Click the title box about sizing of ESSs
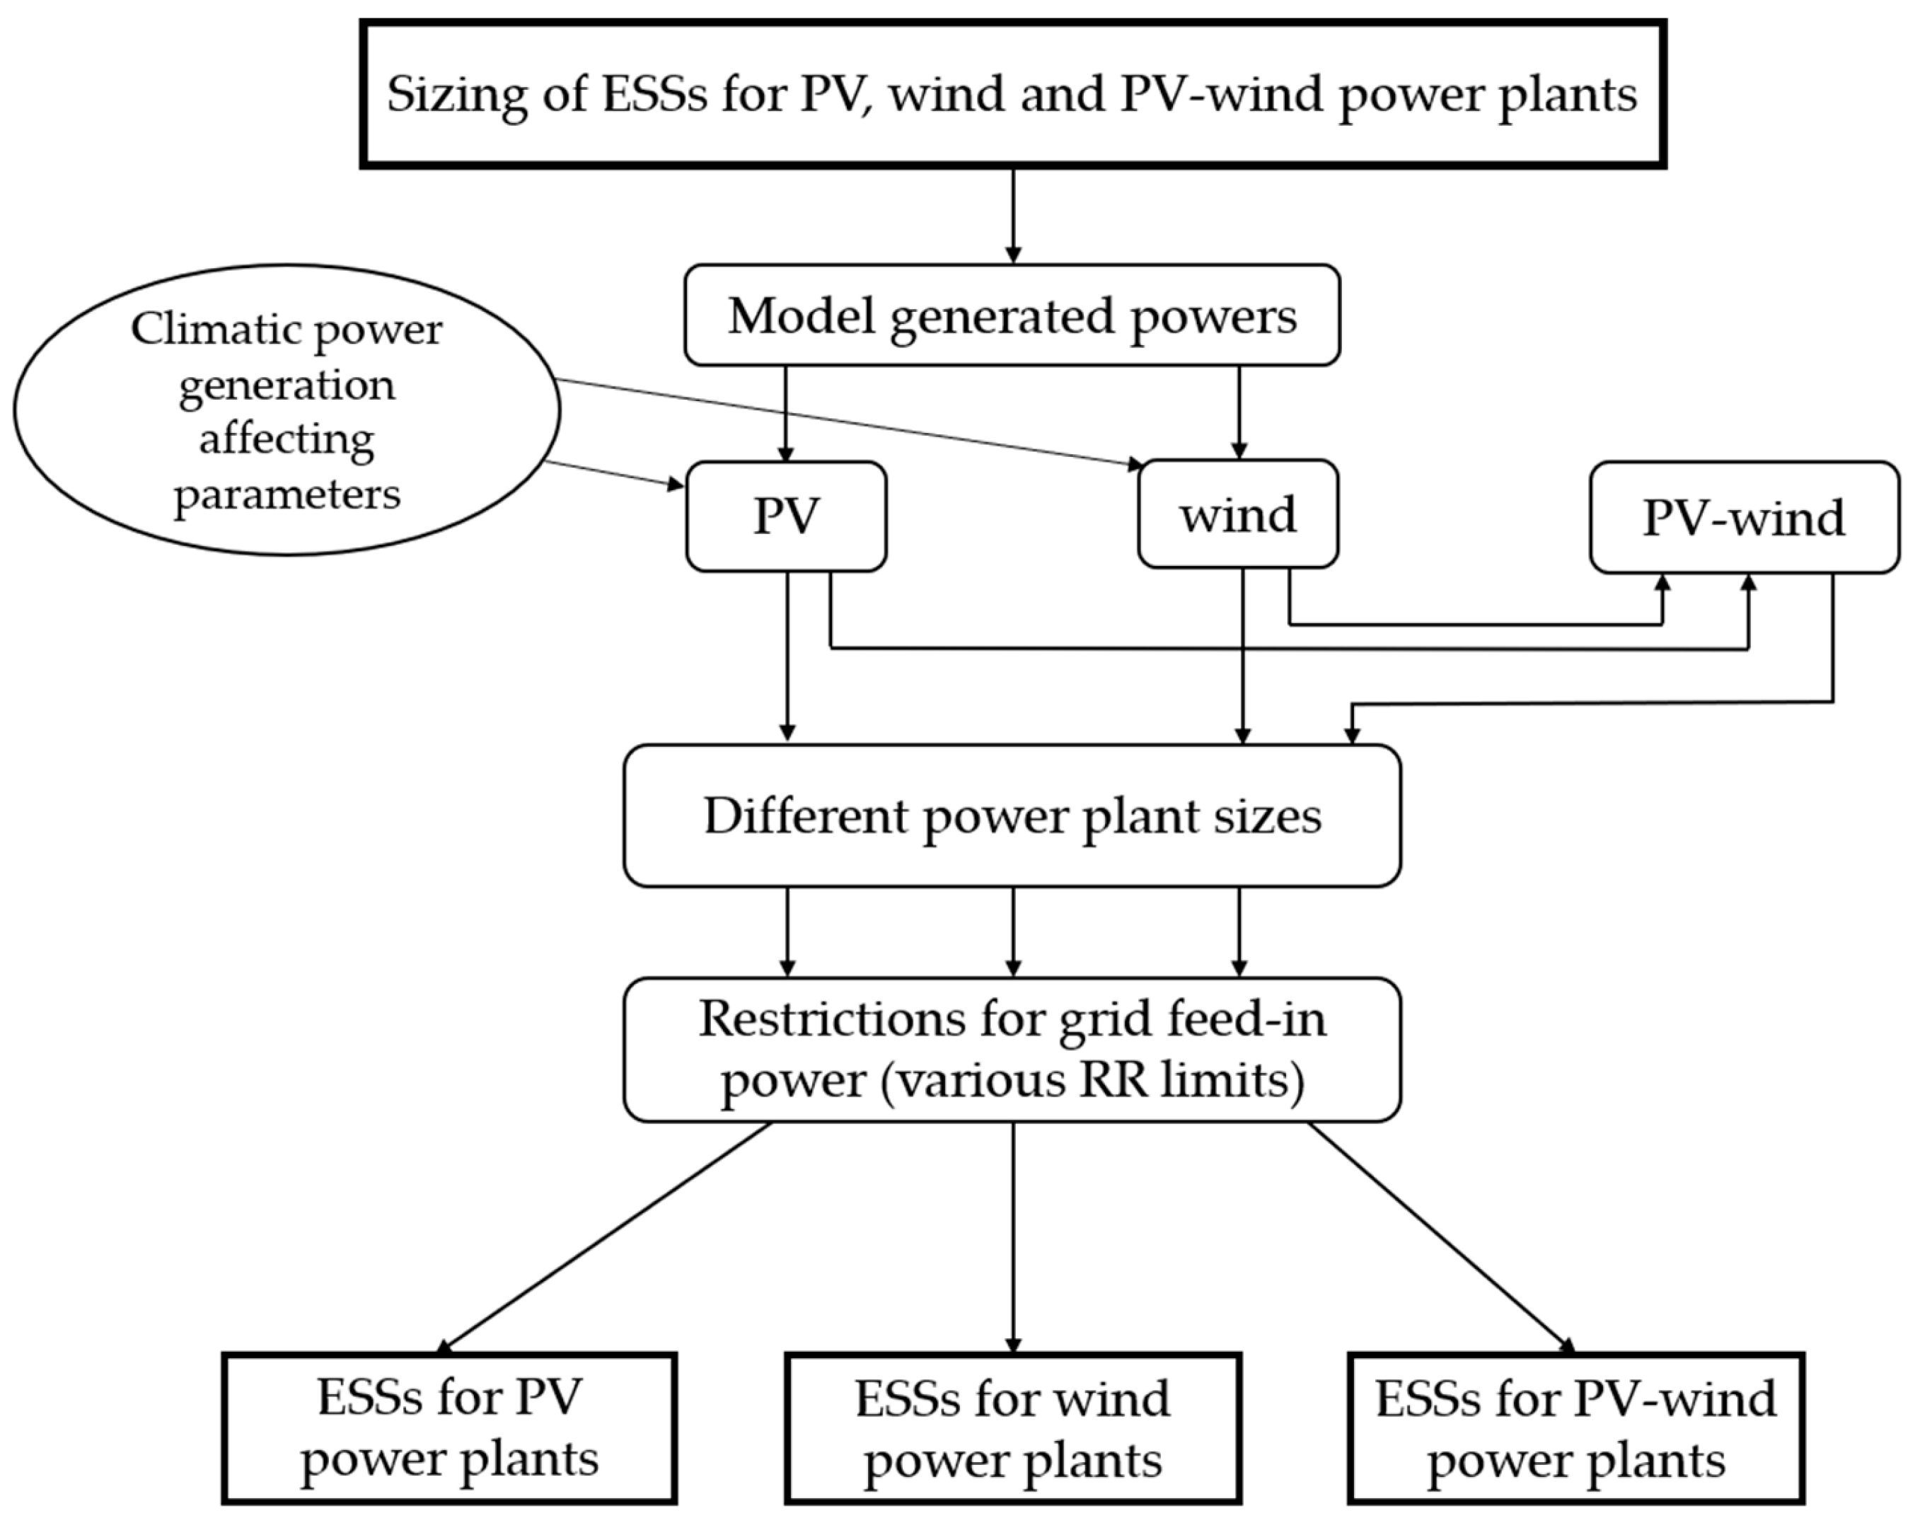click(1012, 93)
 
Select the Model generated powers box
click(1012, 315)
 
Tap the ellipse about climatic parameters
click(286, 410)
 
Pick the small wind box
click(1237, 514)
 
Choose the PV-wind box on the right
click(1744, 517)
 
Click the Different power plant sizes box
click(1012, 816)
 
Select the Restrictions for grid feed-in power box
click(1012, 1049)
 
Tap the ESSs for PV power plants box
click(449, 1428)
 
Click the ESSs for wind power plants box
click(1012, 1428)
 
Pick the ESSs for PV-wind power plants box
click(1575, 1428)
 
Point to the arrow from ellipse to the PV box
click(613, 473)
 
